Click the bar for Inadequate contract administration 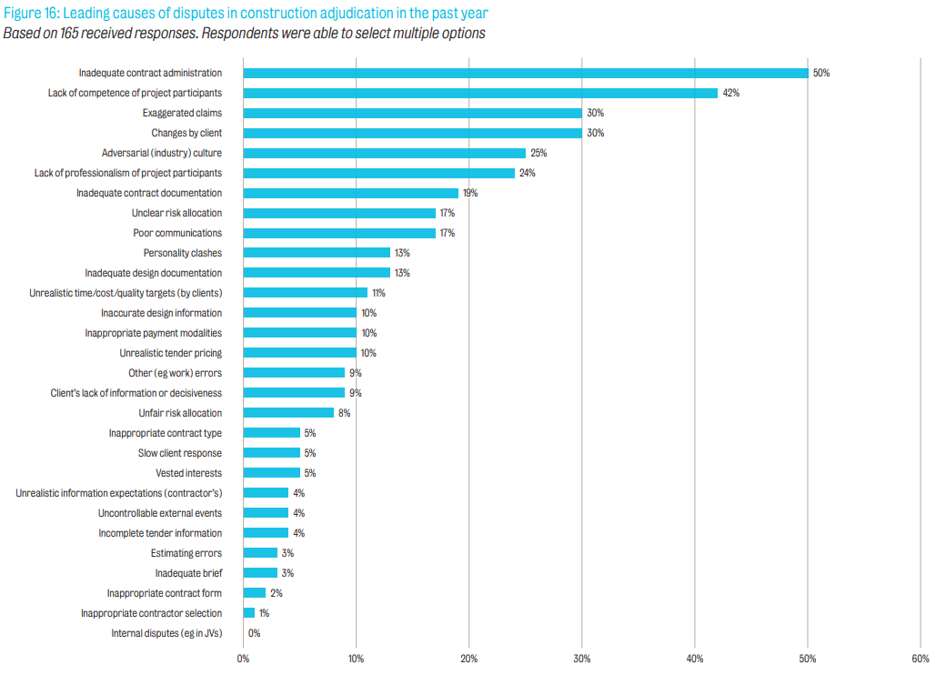[526, 73]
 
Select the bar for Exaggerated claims [413, 113]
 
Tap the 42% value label [730, 93]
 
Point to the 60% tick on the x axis [920, 659]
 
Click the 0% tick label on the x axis [243, 659]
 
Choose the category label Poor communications [177, 233]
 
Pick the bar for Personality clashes [317, 253]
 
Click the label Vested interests [188, 473]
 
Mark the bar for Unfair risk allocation [288, 413]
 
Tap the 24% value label [527, 173]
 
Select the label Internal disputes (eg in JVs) [166, 633]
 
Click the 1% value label [264, 613]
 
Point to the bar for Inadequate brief [260, 573]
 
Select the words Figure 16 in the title [27, 14]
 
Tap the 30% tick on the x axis [582, 659]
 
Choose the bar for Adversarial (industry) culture [385, 153]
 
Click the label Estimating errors [186, 553]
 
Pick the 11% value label [378, 293]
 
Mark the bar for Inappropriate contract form [255, 593]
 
